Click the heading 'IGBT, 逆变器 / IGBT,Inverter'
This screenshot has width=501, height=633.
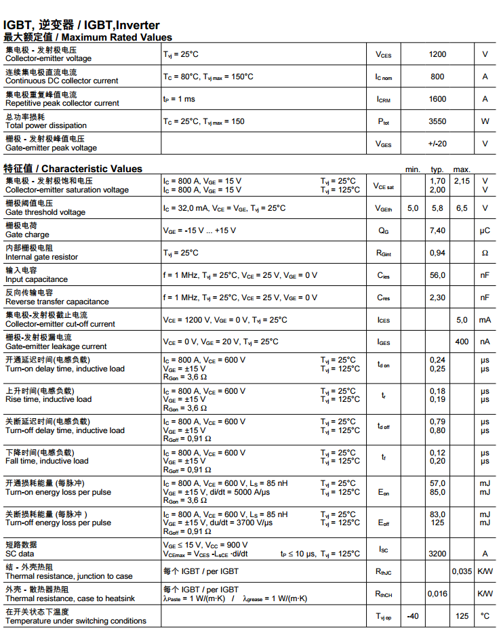tap(81, 25)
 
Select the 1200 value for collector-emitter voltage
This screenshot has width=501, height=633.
tap(437, 54)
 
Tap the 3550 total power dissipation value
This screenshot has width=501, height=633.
tap(437, 121)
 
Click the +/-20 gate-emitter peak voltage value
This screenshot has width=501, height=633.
tap(437, 144)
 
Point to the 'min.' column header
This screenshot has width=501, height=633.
tap(413, 169)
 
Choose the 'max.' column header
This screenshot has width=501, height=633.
tap(462, 169)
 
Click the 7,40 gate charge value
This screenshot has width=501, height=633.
tap(437, 230)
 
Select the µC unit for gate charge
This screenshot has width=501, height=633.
tap(485, 230)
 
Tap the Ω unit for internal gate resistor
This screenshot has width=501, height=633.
tap(485, 253)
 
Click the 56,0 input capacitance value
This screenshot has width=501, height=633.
tap(437, 275)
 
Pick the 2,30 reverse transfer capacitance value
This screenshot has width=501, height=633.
tap(437, 298)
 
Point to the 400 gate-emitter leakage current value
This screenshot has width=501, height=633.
tap(462, 342)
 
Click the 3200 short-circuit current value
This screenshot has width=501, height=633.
tap(437, 554)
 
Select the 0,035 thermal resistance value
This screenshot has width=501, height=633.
tap(462, 571)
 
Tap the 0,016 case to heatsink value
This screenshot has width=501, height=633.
tap(437, 594)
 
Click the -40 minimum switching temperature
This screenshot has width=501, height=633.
tap(412, 616)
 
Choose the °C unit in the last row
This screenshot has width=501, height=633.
tap(485, 616)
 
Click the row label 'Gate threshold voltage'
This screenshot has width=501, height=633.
tap(45, 212)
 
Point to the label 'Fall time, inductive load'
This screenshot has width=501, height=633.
tap(47, 461)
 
